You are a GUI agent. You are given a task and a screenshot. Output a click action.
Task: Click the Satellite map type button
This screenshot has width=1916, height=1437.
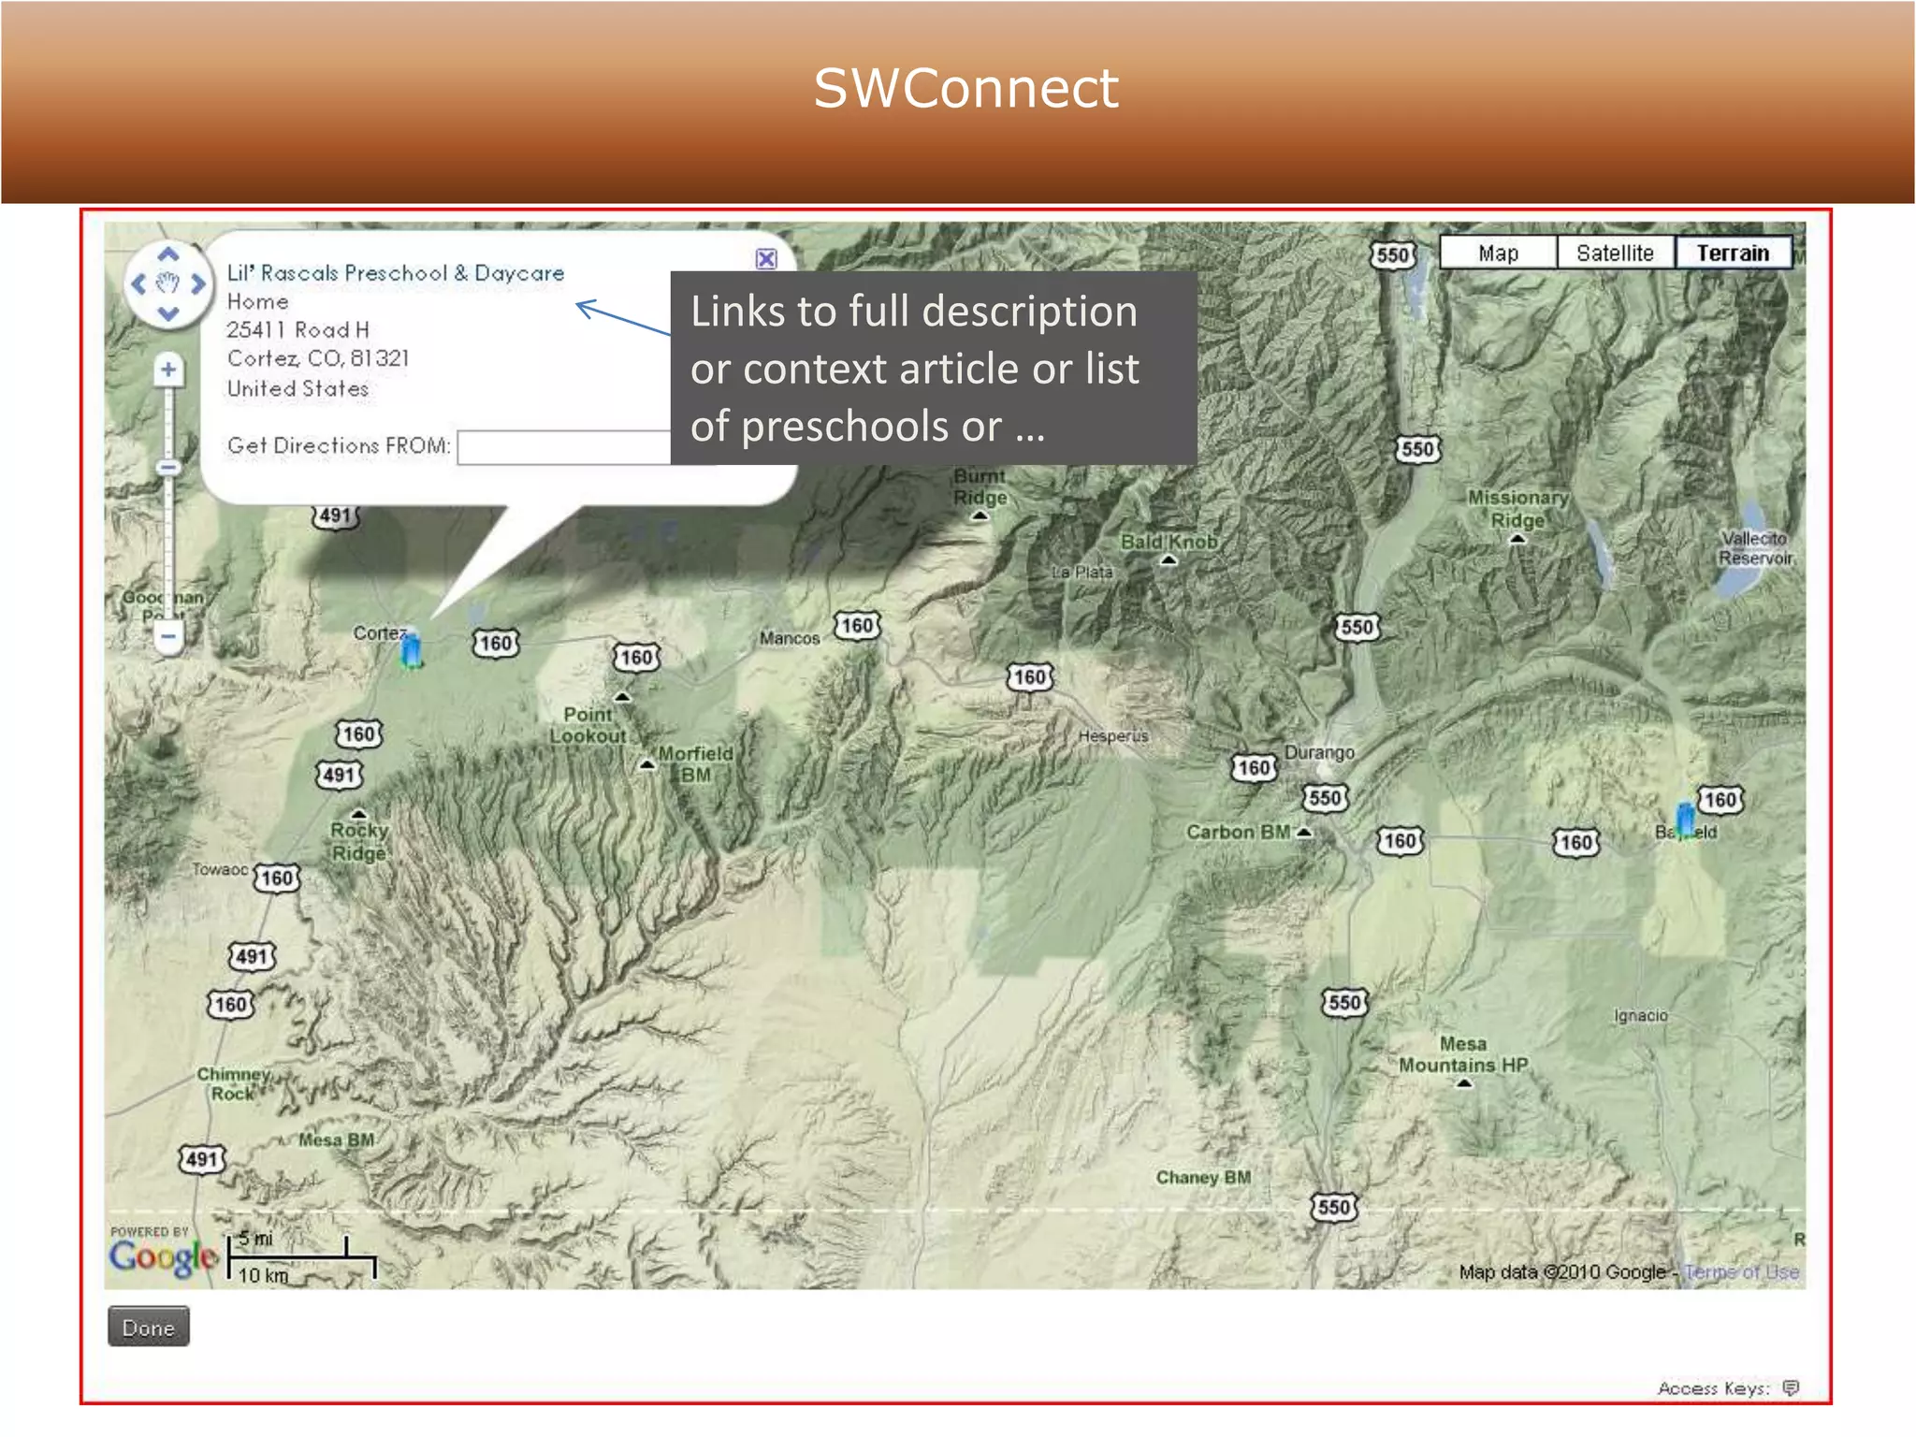1615,253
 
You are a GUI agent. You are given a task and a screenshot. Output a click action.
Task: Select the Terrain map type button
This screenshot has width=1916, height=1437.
1733,253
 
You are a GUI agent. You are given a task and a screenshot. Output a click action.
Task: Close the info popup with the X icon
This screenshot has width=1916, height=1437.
766,259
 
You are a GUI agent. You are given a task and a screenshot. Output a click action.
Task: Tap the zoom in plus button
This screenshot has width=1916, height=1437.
168,370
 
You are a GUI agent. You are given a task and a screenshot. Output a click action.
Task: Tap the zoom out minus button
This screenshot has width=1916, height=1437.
168,636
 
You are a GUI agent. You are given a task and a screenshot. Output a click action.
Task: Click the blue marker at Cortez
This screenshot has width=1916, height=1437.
411,650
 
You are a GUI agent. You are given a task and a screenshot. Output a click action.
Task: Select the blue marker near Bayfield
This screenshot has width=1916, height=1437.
1685,819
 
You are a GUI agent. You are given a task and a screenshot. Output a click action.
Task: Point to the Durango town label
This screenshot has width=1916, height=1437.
1319,752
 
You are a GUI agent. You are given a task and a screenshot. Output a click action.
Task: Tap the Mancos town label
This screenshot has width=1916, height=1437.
789,638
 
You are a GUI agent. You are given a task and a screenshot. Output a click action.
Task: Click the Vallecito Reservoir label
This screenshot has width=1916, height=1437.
1755,548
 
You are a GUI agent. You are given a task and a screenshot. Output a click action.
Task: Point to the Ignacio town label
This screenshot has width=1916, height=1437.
1640,1015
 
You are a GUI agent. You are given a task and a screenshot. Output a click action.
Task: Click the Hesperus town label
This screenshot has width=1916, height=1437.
1112,736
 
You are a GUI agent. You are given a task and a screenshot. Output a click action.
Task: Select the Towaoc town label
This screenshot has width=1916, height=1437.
220,869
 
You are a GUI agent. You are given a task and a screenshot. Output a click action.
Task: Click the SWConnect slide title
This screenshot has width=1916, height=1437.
965,89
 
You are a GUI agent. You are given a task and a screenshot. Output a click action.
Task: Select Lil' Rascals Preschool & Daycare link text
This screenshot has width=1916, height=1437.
396,273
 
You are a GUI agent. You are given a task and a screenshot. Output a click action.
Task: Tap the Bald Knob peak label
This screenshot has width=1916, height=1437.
1168,542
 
